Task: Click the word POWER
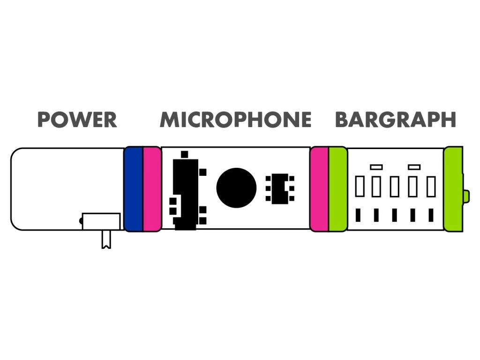77,120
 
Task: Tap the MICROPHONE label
235,120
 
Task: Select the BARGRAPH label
395,120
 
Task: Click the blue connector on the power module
134,189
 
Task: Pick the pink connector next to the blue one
152,189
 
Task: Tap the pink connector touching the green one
319,189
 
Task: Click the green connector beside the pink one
338,189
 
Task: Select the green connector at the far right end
453,189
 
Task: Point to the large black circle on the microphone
236,188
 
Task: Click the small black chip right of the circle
280,188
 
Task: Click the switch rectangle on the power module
101,221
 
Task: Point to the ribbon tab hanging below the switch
106,239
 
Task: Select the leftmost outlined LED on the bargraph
360,187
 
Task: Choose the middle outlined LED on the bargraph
395,187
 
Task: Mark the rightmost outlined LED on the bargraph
431,187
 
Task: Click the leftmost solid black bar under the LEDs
358,215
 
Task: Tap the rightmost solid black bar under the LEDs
431,215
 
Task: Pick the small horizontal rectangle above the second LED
376,167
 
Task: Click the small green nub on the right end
466,196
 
